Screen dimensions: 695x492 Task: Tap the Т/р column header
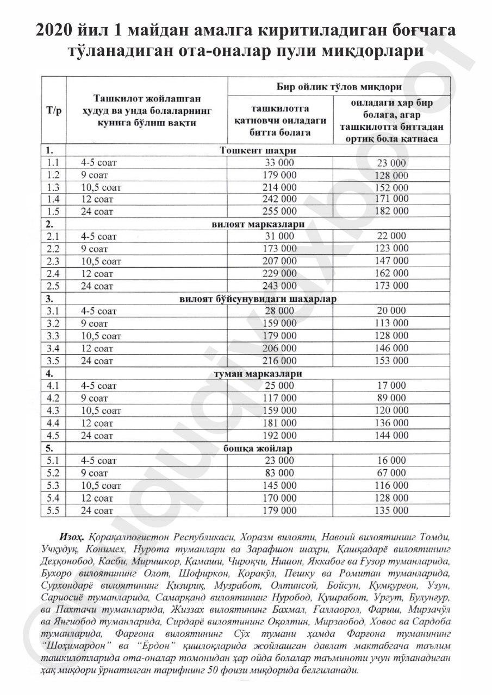click(54, 110)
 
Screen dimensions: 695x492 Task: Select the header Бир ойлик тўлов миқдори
click(339, 87)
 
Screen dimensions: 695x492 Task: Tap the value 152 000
click(391, 187)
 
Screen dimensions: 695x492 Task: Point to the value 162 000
click(391, 274)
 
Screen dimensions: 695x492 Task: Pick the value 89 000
click(391, 398)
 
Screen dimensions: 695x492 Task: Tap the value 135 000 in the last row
click(391, 510)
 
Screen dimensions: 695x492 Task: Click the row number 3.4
click(54, 348)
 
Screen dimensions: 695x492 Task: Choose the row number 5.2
click(54, 473)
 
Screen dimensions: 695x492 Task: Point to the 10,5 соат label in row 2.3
click(101, 261)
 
